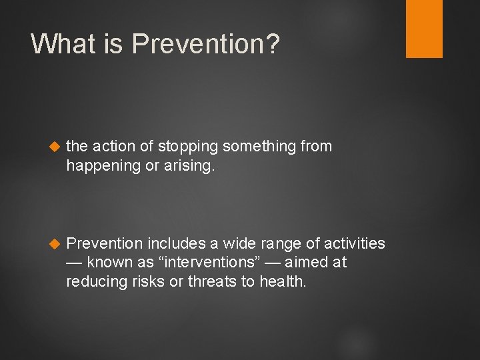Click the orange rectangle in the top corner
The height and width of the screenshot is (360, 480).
(424, 29)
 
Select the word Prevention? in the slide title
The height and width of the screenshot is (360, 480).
(206, 44)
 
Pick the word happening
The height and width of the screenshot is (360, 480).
(103, 166)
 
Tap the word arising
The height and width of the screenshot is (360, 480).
(192, 166)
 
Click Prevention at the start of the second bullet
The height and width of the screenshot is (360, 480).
(105, 243)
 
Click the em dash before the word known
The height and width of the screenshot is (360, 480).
(75, 263)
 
